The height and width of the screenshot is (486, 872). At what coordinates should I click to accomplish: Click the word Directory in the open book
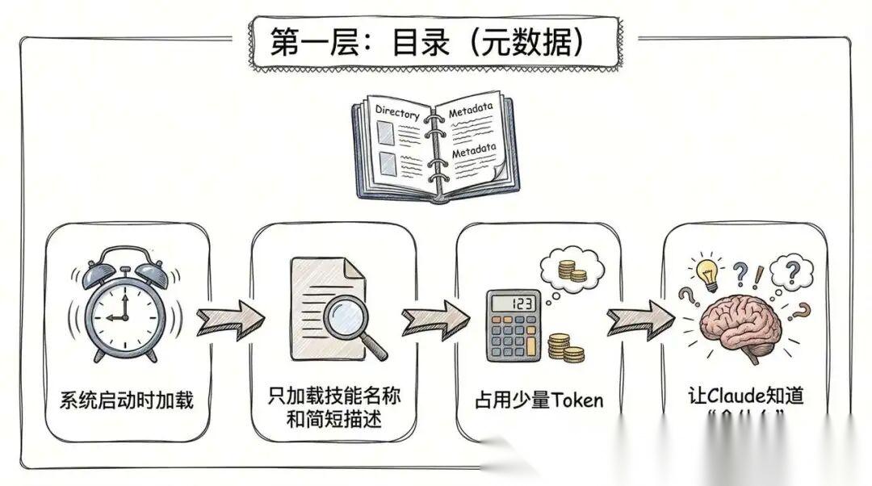pyautogui.click(x=397, y=114)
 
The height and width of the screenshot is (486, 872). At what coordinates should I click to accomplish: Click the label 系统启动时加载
pyautogui.click(x=127, y=400)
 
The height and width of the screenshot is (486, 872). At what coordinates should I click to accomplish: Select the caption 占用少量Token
pyautogui.click(x=539, y=400)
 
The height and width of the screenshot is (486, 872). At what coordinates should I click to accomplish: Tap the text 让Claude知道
pyautogui.click(x=746, y=396)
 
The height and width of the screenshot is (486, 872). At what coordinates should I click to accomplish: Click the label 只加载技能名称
pyautogui.click(x=334, y=396)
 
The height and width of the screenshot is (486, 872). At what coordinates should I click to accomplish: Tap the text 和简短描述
pyautogui.click(x=334, y=420)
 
